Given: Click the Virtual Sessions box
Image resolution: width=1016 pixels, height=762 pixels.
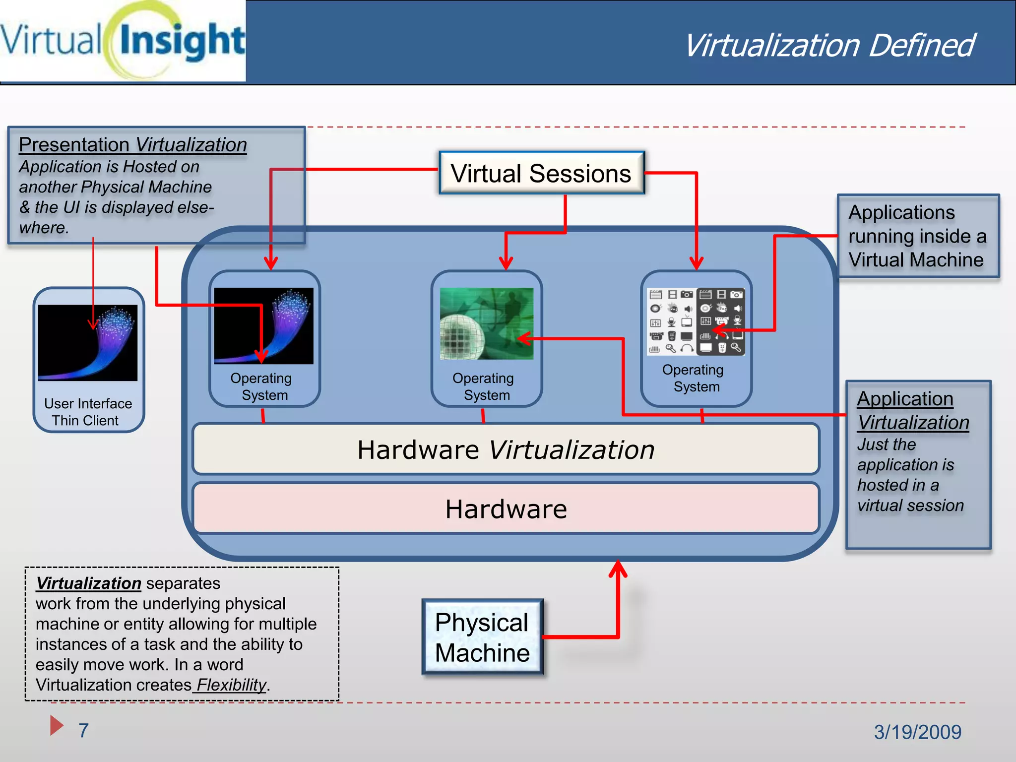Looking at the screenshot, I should coord(541,173).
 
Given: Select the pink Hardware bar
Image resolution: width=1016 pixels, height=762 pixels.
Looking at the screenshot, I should coord(506,509).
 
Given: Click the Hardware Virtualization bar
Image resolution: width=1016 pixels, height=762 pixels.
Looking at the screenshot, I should coord(506,449).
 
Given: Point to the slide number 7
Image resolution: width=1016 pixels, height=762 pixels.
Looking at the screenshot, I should coord(83,730).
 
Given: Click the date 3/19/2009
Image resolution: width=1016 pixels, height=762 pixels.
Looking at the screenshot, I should coord(917,732).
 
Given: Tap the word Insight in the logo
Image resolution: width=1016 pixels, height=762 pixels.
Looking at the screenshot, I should coord(182,41).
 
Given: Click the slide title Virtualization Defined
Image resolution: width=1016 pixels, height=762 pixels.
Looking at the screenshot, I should coord(829,46).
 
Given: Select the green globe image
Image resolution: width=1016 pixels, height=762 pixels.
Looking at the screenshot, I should coord(487,323).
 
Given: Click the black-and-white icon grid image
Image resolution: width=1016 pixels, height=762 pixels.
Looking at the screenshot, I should coord(696,321).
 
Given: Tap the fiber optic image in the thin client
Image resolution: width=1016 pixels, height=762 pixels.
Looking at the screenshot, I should coord(88,343).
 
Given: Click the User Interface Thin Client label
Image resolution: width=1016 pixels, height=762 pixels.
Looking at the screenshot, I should coord(88,412).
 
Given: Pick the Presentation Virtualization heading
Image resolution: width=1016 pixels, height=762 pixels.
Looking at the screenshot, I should coord(133,145).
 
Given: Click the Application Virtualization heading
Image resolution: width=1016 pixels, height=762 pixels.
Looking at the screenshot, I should coord(913,411).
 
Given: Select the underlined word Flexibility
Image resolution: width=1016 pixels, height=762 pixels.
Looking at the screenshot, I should coord(232,685).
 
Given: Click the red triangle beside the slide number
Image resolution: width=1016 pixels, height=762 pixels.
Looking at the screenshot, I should coord(56,725).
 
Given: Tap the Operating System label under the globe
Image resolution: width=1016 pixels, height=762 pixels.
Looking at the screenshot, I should coord(484,386).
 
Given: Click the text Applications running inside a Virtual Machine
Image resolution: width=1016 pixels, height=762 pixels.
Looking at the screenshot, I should coord(917,236).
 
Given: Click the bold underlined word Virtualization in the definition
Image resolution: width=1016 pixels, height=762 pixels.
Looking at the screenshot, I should coord(89,583).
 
